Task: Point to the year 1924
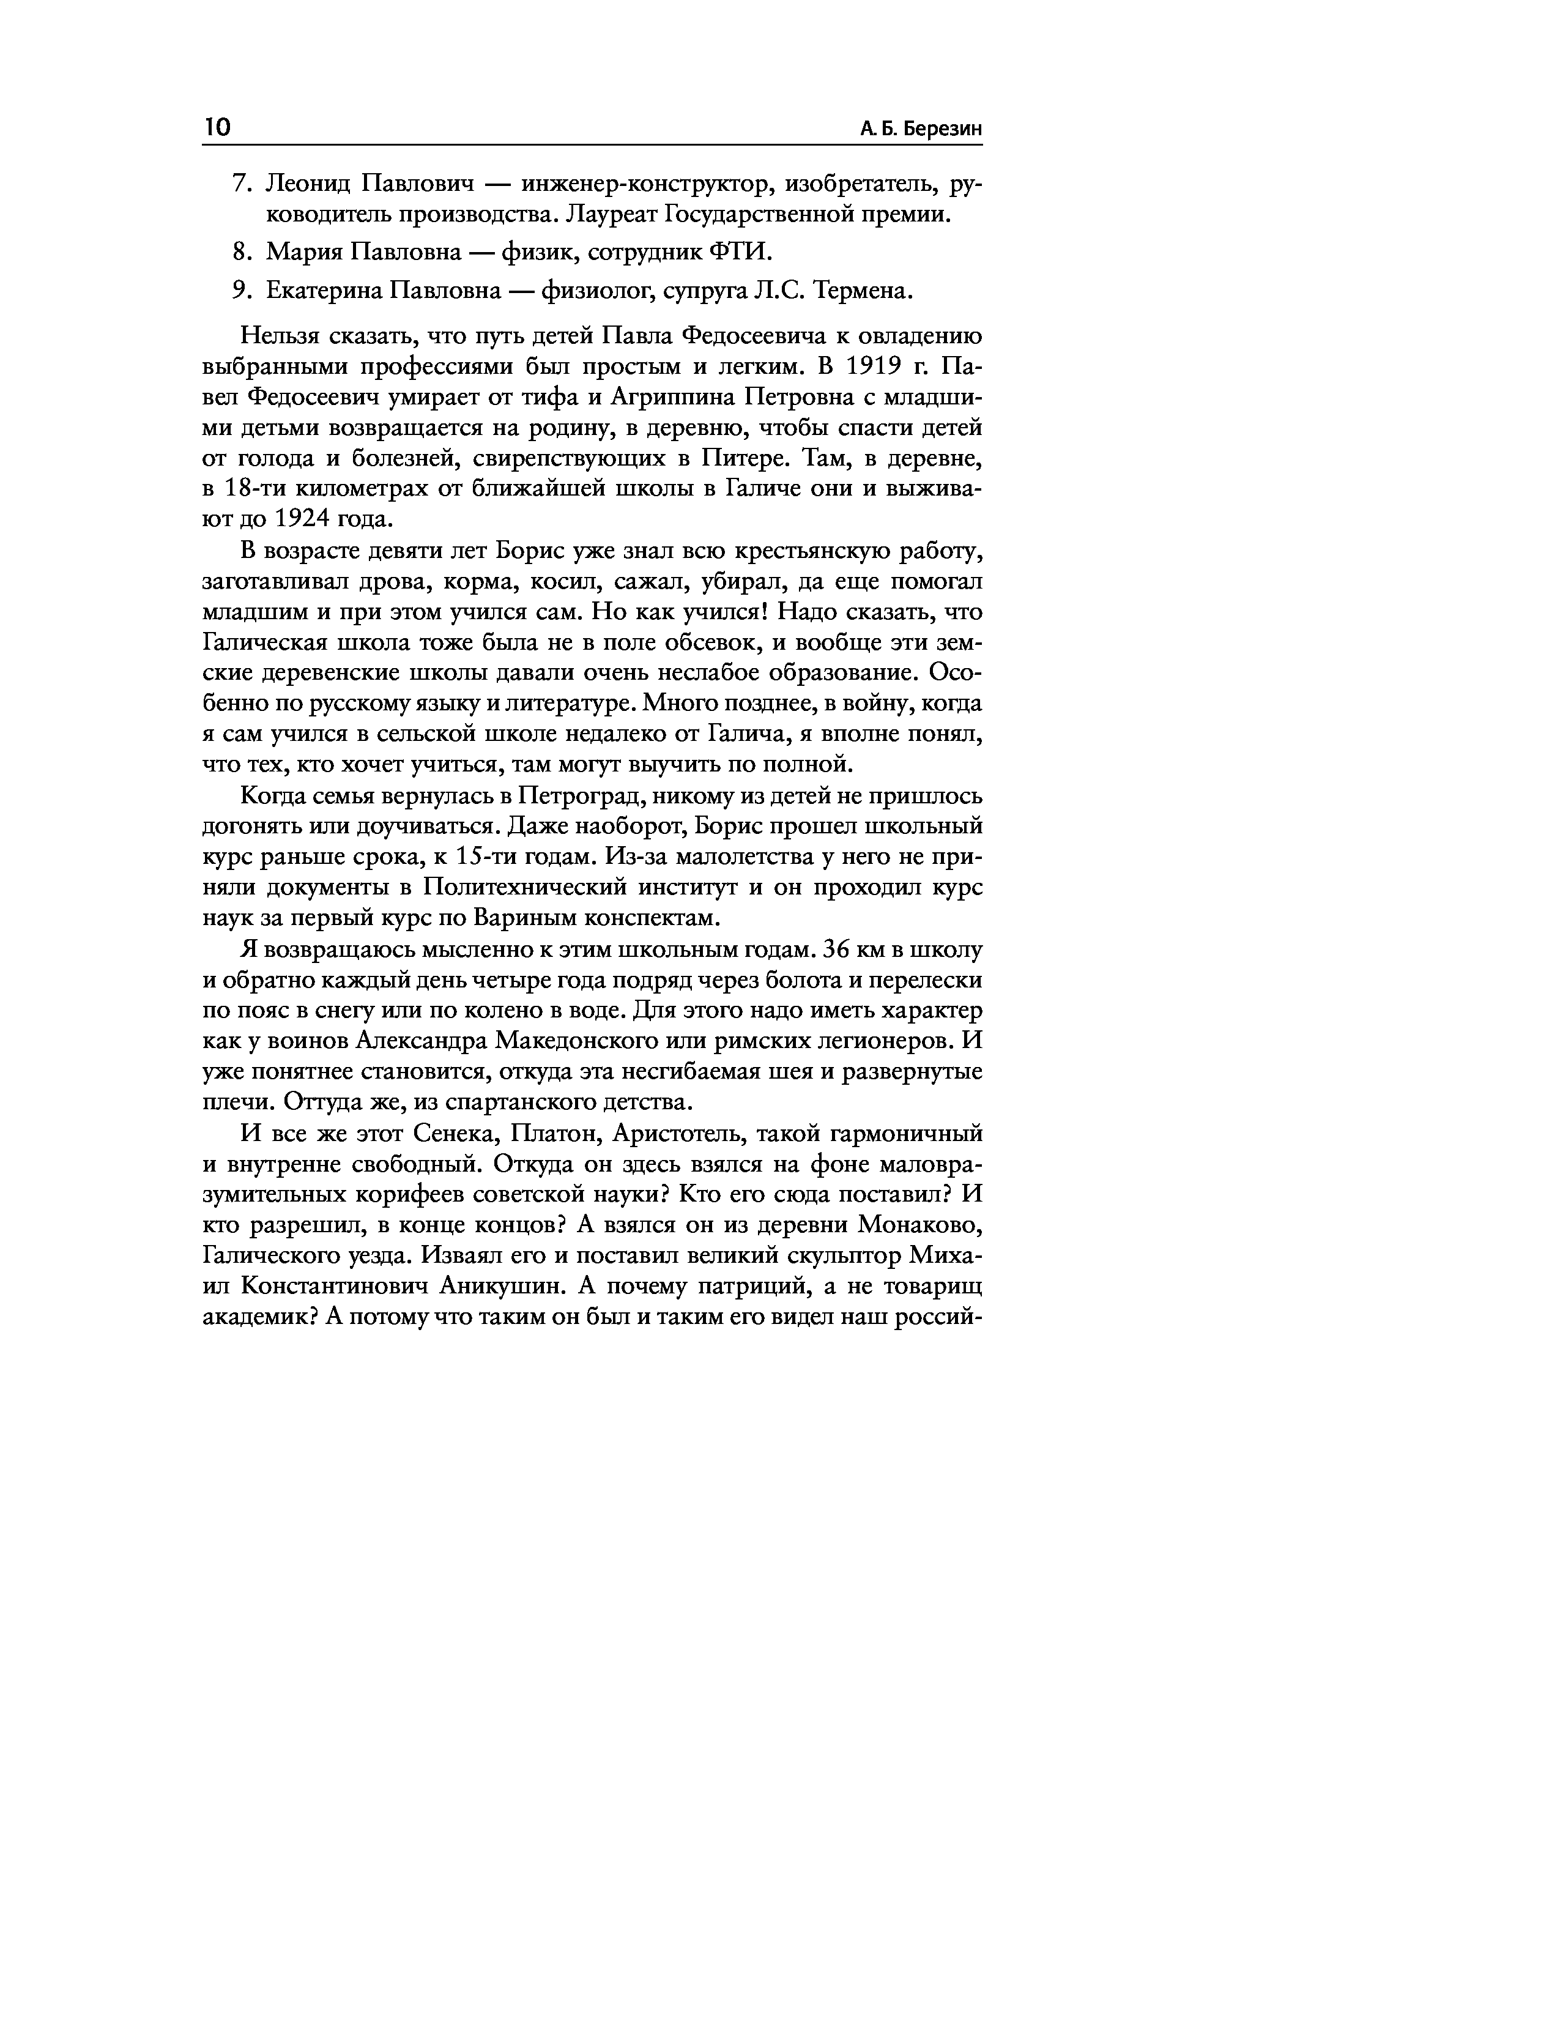click(x=299, y=519)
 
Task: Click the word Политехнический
click(x=528, y=888)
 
